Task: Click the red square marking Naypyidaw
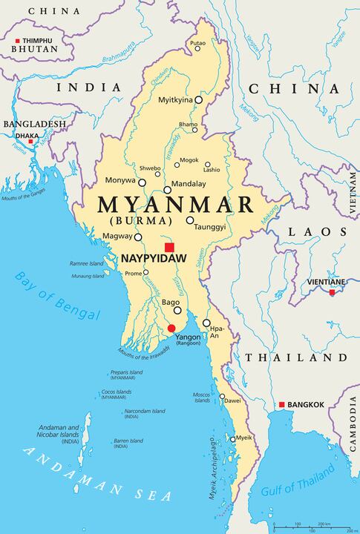coord(169,247)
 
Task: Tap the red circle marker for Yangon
coord(171,328)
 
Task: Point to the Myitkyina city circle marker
coord(199,99)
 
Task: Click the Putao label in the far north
coord(197,44)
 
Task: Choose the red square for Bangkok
coord(281,404)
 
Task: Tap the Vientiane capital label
coord(327,282)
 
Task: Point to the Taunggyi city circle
coord(190,220)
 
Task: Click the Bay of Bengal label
coord(56,296)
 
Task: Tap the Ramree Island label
coord(87,263)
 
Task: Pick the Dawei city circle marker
coord(222,397)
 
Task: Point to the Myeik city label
coord(244,438)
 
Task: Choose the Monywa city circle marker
coord(142,182)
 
